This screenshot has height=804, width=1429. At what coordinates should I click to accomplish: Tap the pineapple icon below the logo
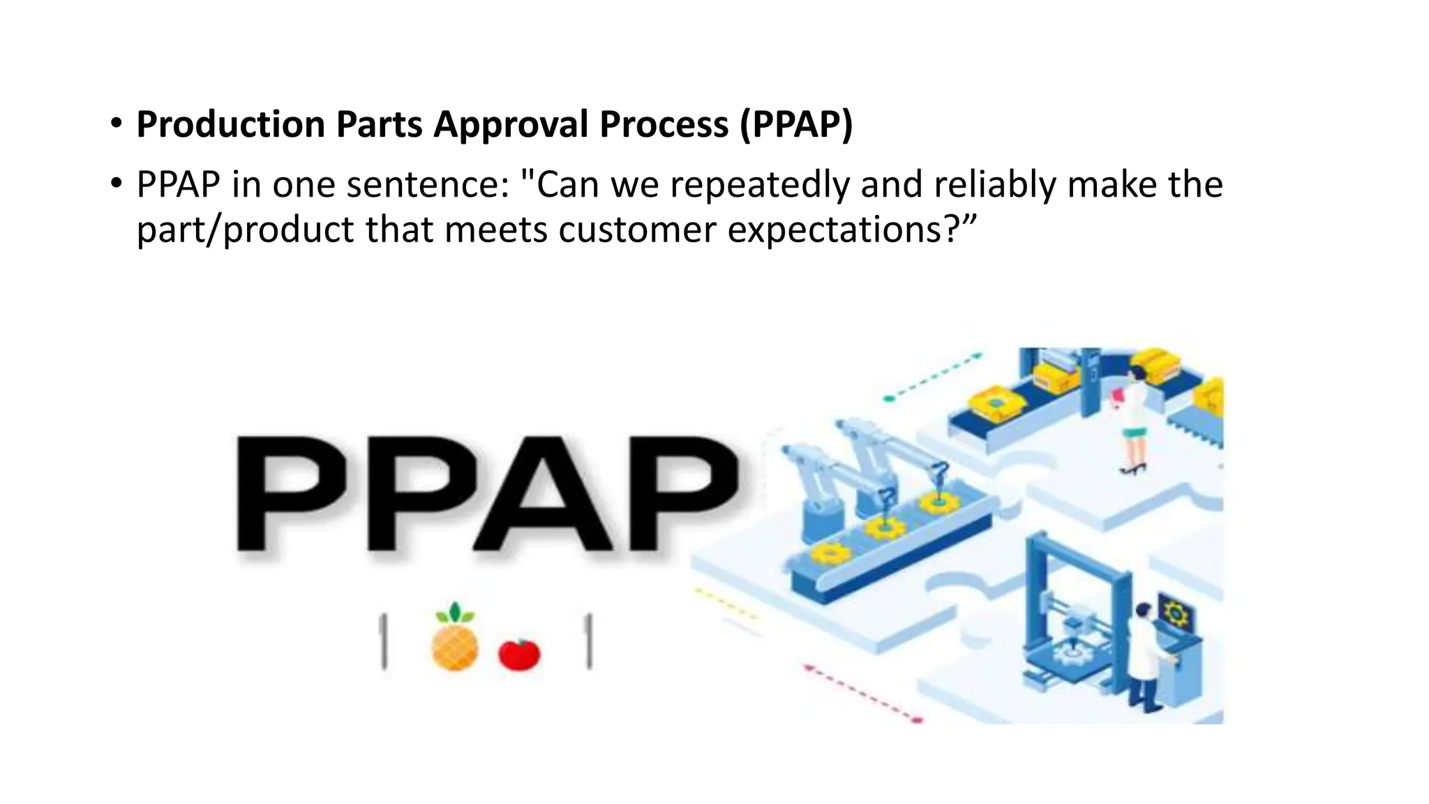click(455, 639)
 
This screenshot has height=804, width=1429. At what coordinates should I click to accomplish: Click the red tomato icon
click(519, 654)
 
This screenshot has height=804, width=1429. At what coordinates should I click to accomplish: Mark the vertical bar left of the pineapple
click(383, 641)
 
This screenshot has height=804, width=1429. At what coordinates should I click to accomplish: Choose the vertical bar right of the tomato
click(589, 641)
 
